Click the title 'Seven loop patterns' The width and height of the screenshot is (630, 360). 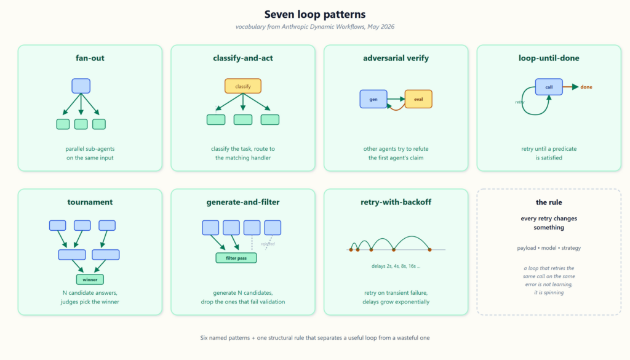click(315, 15)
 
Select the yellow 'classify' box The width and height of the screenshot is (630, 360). click(242, 86)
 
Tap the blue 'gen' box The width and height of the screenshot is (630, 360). click(373, 99)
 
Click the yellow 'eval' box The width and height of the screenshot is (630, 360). click(418, 99)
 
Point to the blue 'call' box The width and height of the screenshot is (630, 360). click(549, 87)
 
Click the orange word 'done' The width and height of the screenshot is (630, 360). click(586, 87)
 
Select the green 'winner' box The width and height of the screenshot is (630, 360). click(90, 279)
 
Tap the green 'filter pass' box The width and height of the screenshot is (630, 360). click(236, 258)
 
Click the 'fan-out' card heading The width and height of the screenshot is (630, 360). click(90, 58)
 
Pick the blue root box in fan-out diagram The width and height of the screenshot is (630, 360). click(81, 86)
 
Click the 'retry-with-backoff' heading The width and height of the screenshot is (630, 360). click(396, 202)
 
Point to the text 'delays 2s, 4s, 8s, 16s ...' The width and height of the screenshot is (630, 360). click(396, 266)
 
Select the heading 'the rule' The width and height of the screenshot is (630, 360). click(549, 202)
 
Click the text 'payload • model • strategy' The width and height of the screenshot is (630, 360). click(549, 248)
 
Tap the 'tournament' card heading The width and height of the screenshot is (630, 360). click(90, 202)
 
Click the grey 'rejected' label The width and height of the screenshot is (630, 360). click(268, 244)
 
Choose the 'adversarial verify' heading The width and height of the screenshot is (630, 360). click(396, 58)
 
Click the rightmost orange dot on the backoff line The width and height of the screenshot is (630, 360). click(429, 250)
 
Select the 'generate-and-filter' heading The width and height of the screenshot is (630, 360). click(242, 202)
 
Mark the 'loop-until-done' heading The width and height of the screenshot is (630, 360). click(549, 58)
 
